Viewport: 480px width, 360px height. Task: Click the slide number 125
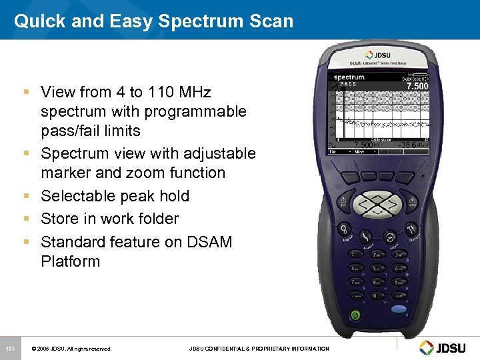click(x=11, y=349)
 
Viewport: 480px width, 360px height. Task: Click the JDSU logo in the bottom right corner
click(x=445, y=347)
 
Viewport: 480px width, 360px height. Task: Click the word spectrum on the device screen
click(x=349, y=77)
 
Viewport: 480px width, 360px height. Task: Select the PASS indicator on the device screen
click(x=348, y=85)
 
